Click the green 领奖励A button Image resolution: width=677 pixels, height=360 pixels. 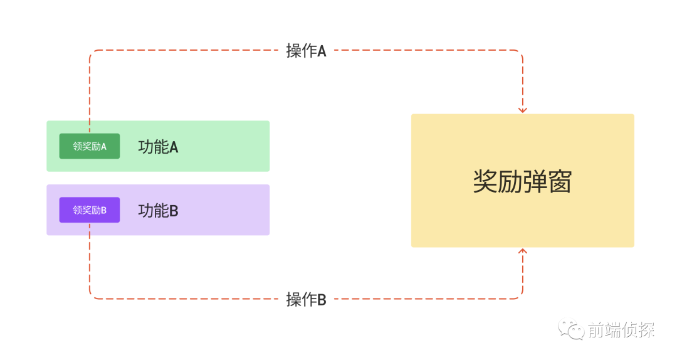[90, 146]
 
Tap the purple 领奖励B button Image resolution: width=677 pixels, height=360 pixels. [90, 210]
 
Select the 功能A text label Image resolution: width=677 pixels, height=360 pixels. [158, 147]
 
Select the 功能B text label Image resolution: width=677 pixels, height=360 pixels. [158, 211]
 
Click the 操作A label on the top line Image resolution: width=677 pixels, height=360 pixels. [306, 51]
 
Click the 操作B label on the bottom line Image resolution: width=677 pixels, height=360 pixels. [306, 299]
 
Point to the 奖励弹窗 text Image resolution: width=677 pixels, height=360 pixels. [522, 181]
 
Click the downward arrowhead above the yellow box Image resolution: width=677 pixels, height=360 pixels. [522, 110]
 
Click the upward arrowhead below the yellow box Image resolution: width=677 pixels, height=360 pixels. [522, 251]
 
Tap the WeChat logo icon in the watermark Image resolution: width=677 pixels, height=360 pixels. [571, 329]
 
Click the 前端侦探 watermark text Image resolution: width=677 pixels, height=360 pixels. [621, 330]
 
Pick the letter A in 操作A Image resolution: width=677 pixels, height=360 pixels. [322, 51]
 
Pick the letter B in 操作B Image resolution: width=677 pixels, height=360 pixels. [322, 300]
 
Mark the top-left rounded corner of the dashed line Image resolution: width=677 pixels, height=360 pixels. [92, 52]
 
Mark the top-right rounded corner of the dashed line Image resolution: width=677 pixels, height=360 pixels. [520, 52]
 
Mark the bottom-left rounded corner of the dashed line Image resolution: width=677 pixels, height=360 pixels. [92, 297]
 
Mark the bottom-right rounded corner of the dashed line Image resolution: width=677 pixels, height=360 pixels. [520, 297]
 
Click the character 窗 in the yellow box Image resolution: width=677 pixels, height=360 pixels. [560, 181]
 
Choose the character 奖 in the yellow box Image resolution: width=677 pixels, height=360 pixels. [485, 181]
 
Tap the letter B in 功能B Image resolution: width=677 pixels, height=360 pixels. [174, 211]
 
